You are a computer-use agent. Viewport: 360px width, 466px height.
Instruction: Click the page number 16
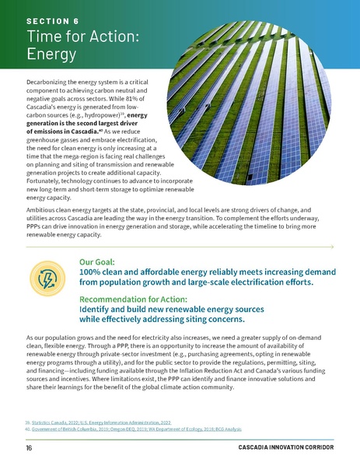coord(29,449)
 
